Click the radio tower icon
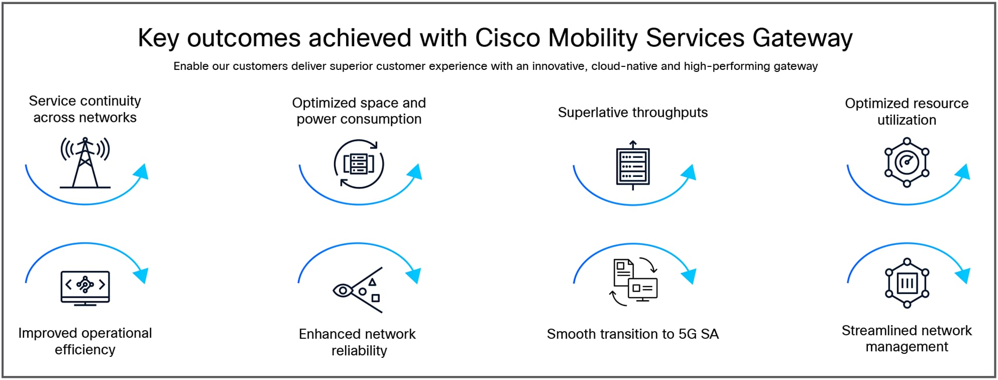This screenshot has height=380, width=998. coord(85,162)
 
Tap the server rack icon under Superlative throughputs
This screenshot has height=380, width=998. coord(633,165)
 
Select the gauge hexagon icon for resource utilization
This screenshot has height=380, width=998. coord(906,162)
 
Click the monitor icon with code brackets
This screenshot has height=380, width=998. coord(85,288)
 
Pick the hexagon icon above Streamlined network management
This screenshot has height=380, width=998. coord(907,283)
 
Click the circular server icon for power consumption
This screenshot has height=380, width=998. coord(359,164)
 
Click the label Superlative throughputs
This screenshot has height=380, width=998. coord(633,113)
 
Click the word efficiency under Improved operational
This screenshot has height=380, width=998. coord(85,350)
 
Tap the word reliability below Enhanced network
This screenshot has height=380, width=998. coord(359,351)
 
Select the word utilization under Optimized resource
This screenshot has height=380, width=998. coord(906,120)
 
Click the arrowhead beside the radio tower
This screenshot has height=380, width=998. coord(141,172)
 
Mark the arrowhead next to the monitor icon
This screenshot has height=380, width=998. coord(141,275)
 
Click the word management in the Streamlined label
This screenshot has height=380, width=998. coord(906,347)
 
